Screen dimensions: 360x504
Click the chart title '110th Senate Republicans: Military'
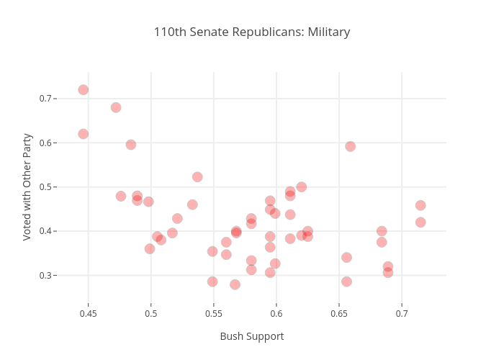click(252, 32)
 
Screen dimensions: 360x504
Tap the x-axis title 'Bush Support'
click(252, 336)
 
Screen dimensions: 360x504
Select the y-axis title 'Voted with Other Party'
click(28, 186)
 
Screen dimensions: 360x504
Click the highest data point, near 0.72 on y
click(84, 90)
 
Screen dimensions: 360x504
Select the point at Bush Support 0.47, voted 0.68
click(116, 107)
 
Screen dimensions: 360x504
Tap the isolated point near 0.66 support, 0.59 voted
click(351, 146)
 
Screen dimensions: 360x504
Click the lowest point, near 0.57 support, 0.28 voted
click(235, 284)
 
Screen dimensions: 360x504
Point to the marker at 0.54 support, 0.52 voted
click(197, 177)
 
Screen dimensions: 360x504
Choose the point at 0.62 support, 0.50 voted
click(302, 187)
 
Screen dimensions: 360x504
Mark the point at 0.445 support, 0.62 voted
click(84, 134)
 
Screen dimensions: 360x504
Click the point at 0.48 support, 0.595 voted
click(131, 145)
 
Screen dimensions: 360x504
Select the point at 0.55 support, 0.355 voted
click(212, 251)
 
